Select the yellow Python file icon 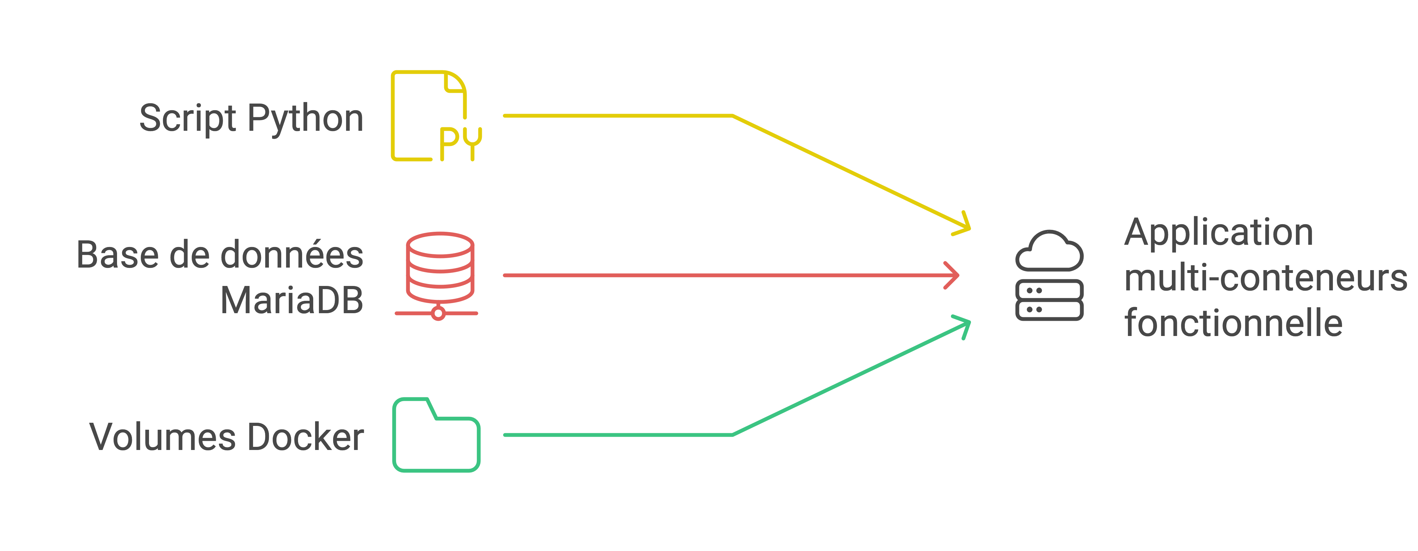[429, 116]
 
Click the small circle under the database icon [438, 313]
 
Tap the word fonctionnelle [1233, 323]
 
